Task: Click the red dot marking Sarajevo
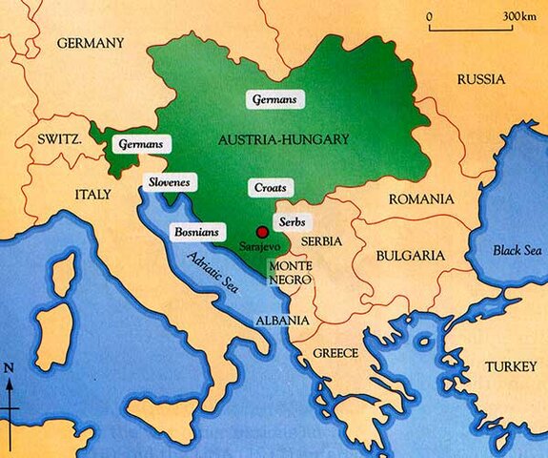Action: click(x=261, y=230)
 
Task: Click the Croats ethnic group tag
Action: click(x=268, y=187)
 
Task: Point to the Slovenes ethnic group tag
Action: click(x=168, y=182)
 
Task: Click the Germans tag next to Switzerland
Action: click(x=141, y=144)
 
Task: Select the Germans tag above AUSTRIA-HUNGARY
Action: click(x=275, y=98)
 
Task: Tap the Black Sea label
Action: click(x=516, y=250)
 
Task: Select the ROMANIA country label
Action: click(x=417, y=199)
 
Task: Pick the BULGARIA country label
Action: click(x=411, y=256)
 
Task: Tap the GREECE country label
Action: click(x=336, y=353)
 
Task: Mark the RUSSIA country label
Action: click(x=480, y=79)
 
